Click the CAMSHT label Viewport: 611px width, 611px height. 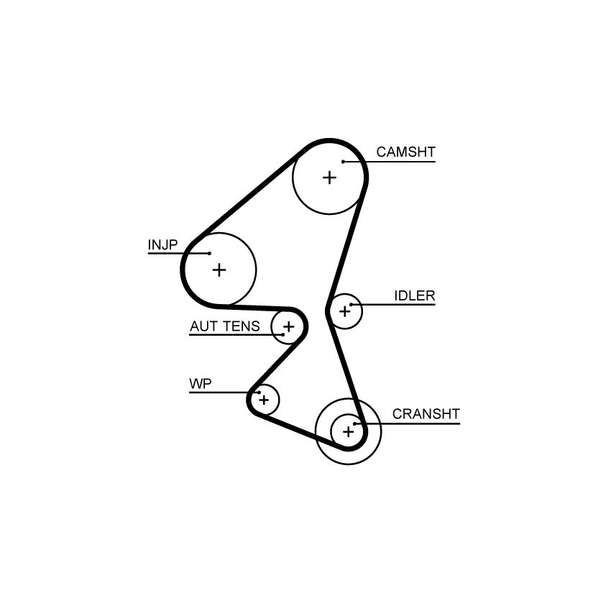tap(405, 152)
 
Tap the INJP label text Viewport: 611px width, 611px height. tap(162, 244)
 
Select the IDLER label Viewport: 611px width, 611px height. tap(415, 295)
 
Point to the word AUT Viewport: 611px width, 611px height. tap(203, 326)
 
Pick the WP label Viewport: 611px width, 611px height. tap(201, 384)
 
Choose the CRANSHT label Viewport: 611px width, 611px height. tap(426, 414)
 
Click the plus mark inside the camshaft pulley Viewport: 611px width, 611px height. tap(330, 178)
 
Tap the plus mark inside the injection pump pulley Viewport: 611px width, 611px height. tap(219, 270)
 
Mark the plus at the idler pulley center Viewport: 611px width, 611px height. tap(345, 311)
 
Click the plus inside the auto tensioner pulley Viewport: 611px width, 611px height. tap(289, 326)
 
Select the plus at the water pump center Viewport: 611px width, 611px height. tap(265, 400)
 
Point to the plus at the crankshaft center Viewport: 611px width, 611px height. tap(349, 431)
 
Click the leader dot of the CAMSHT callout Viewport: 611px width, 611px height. tap(344, 162)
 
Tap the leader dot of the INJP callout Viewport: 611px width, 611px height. tap(210, 253)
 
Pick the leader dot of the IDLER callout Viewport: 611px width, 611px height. tap(351, 305)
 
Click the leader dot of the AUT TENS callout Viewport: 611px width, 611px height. tap(283, 334)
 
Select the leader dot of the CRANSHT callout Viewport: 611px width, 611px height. tap(355, 423)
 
